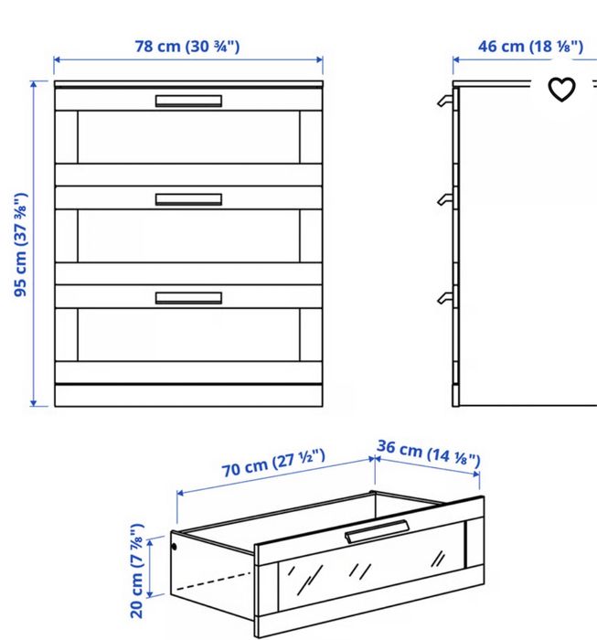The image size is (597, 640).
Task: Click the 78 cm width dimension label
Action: [x=187, y=46]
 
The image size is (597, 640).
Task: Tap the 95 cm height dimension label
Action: [x=20, y=245]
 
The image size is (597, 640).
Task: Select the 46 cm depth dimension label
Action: [x=530, y=46]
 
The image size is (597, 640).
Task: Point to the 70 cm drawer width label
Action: [x=273, y=463]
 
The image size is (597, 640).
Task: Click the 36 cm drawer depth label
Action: [x=429, y=453]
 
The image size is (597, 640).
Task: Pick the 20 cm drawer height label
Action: [x=137, y=571]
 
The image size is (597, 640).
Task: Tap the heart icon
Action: [x=561, y=89]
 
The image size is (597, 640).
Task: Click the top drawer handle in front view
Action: [x=188, y=101]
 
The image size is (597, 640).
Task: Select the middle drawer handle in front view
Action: [x=188, y=199]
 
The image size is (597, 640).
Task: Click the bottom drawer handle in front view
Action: [x=188, y=298]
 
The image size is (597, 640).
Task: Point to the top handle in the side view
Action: [x=445, y=101]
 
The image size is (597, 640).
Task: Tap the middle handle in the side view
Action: [x=445, y=199]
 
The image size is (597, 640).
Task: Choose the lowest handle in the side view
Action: [x=445, y=298]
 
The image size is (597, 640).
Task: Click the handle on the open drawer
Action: [x=377, y=531]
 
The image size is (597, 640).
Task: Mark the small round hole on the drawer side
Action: [x=175, y=547]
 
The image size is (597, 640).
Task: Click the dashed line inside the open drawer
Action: [x=213, y=581]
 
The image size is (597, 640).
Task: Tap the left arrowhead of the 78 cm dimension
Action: [x=57, y=59]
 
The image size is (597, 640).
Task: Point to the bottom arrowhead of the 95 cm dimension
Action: [x=34, y=404]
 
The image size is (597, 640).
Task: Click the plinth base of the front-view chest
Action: [x=188, y=395]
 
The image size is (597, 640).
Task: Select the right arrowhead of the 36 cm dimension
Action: [x=476, y=474]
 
